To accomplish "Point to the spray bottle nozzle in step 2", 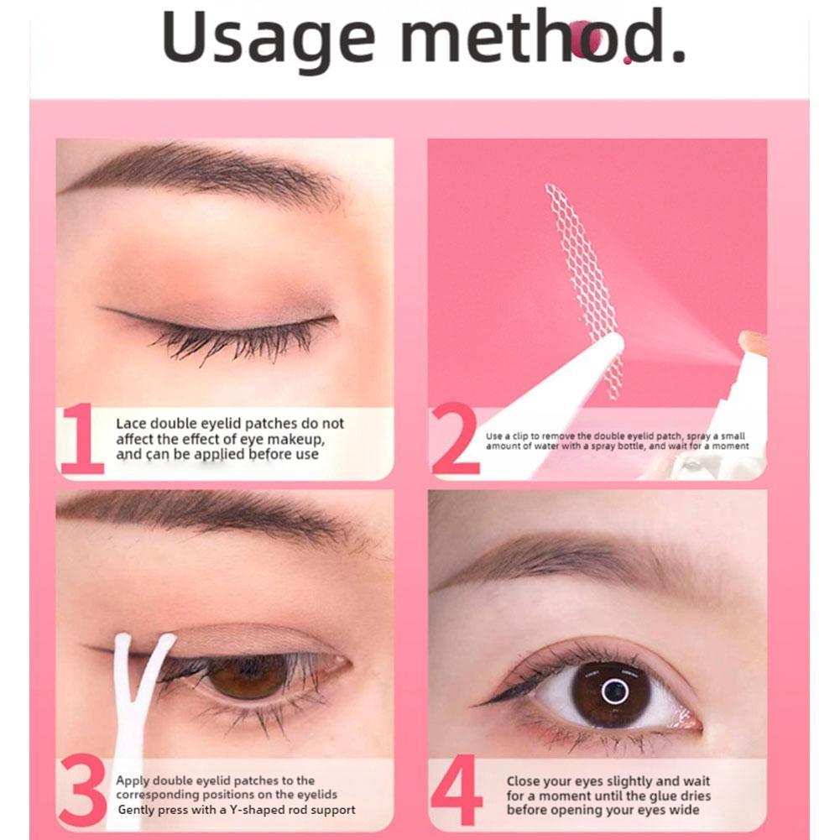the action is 750,344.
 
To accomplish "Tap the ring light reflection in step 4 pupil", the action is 614,691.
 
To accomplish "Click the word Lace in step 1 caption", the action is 131,424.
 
